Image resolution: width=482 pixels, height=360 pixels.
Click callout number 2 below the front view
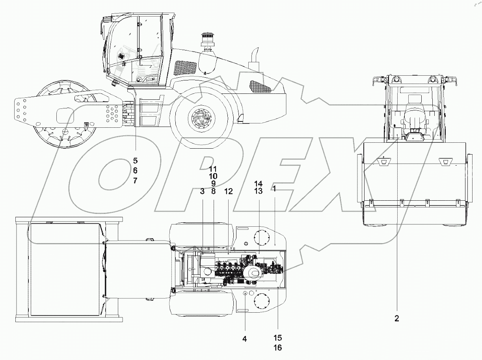(x=396, y=319)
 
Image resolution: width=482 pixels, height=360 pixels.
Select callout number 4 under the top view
(x=244, y=339)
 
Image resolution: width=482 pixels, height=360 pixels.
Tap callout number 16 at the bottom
(x=277, y=347)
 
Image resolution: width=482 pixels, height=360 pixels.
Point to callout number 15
(x=277, y=338)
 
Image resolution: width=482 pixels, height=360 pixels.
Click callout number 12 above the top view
(x=229, y=191)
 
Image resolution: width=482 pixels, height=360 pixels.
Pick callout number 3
(x=202, y=191)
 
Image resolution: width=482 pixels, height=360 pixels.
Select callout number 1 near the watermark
(x=274, y=189)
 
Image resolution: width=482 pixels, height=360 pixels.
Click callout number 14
(x=258, y=184)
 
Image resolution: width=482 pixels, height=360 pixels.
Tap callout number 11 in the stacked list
(x=213, y=168)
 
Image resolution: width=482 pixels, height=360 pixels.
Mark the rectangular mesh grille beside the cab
(x=185, y=68)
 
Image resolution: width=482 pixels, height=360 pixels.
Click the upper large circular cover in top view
(x=261, y=238)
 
